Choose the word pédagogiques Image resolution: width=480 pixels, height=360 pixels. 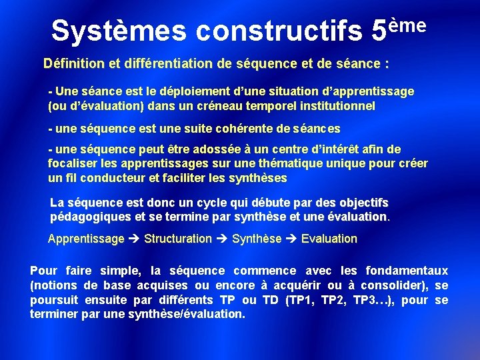pyautogui.click(x=91, y=217)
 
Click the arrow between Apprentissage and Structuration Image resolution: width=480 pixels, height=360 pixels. pyautogui.click(x=134, y=239)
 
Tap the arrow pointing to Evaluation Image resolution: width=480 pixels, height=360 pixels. pyautogui.click(x=291, y=239)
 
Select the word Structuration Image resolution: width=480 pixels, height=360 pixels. pyautogui.click(x=178, y=239)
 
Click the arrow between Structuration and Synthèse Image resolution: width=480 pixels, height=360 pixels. pyautogui.click(x=222, y=239)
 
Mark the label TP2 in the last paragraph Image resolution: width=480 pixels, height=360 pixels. pyautogui.click(x=331, y=300)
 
